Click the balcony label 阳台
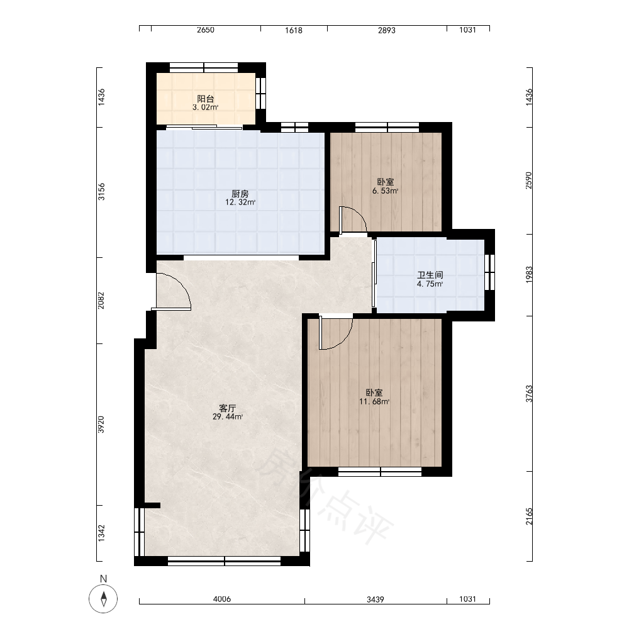pos(206,99)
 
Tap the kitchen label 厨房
pos(240,194)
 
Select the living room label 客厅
pos(227,408)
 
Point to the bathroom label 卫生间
pos(430,276)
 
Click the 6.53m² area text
pos(385,191)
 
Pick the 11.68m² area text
pos(374,401)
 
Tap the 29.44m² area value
pos(228,417)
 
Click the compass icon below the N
pos(104,599)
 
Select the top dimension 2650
pos(206,30)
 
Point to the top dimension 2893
pos(387,30)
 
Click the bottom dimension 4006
pos(222,599)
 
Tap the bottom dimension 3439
pos(376,599)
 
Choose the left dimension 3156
pos(101,192)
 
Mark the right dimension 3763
pos(529,394)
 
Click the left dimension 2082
pos(101,300)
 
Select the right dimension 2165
pos(529,516)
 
